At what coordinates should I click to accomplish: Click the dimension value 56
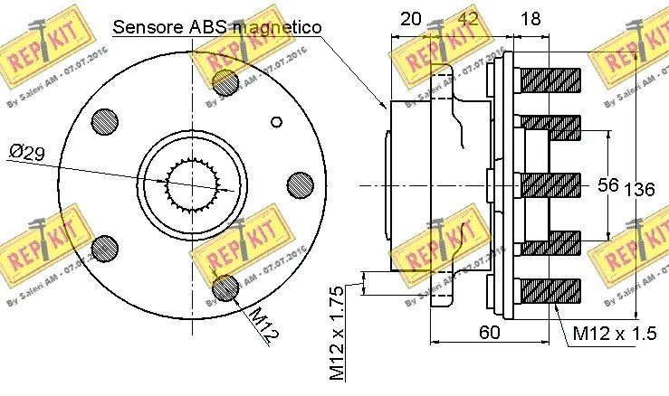[607, 184]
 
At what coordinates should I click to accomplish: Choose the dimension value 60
[489, 332]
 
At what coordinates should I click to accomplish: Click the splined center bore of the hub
[192, 184]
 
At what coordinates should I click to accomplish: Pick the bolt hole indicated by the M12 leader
[225, 288]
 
